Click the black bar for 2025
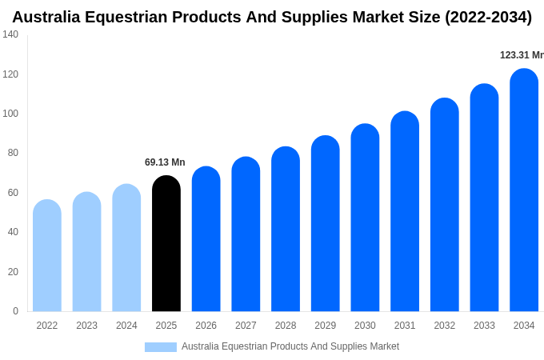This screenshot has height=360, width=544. pyautogui.click(x=166, y=244)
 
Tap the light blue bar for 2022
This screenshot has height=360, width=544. pyautogui.click(x=47, y=256)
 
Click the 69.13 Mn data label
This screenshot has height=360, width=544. pyautogui.click(x=165, y=162)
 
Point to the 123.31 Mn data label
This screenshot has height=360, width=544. pyautogui.click(x=521, y=55)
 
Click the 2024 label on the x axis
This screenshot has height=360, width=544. pyautogui.click(x=126, y=326)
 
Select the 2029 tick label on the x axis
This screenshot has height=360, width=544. pyautogui.click(x=326, y=326)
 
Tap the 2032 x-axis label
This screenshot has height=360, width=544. pyautogui.click(x=445, y=326)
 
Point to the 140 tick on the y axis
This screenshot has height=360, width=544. pyautogui.click(x=10, y=34)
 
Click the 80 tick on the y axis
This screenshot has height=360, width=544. pyautogui.click(x=13, y=153)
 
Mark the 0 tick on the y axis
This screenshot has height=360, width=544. pyautogui.click(x=15, y=311)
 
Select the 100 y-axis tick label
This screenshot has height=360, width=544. pyautogui.click(x=10, y=114)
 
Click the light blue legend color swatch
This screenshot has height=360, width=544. pyautogui.click(x=160, y=347)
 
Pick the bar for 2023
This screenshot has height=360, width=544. pyautogui.click(x=86, y=252)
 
